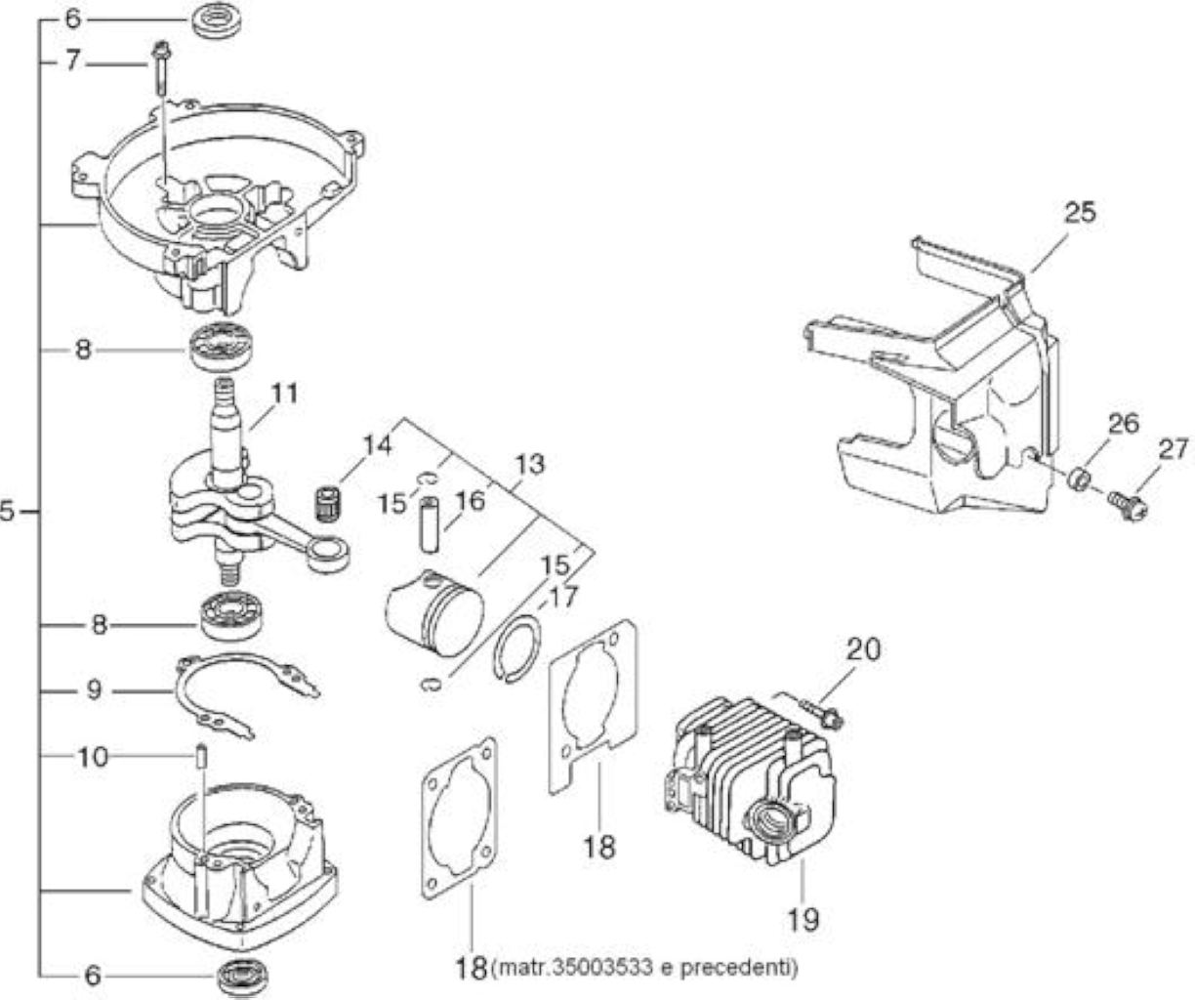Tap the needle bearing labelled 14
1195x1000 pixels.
coord(329,503)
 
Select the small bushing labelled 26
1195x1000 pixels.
coord(1078,479)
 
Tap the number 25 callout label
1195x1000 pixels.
coord(1080,212)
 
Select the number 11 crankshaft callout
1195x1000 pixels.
coord(284,394)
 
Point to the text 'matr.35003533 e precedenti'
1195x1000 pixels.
coord(643,968)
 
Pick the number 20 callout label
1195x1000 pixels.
coord(863,649)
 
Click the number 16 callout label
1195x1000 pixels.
coord(470,501)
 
